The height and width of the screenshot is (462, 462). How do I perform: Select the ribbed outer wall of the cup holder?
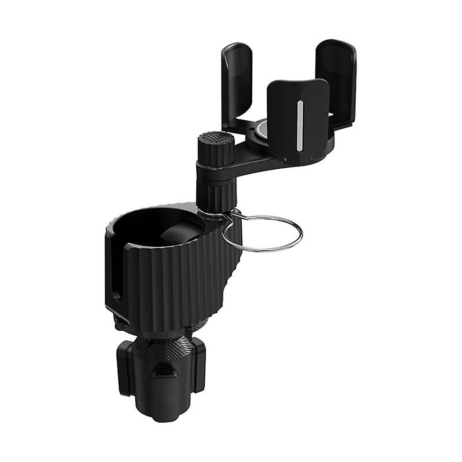pos(180,284)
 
